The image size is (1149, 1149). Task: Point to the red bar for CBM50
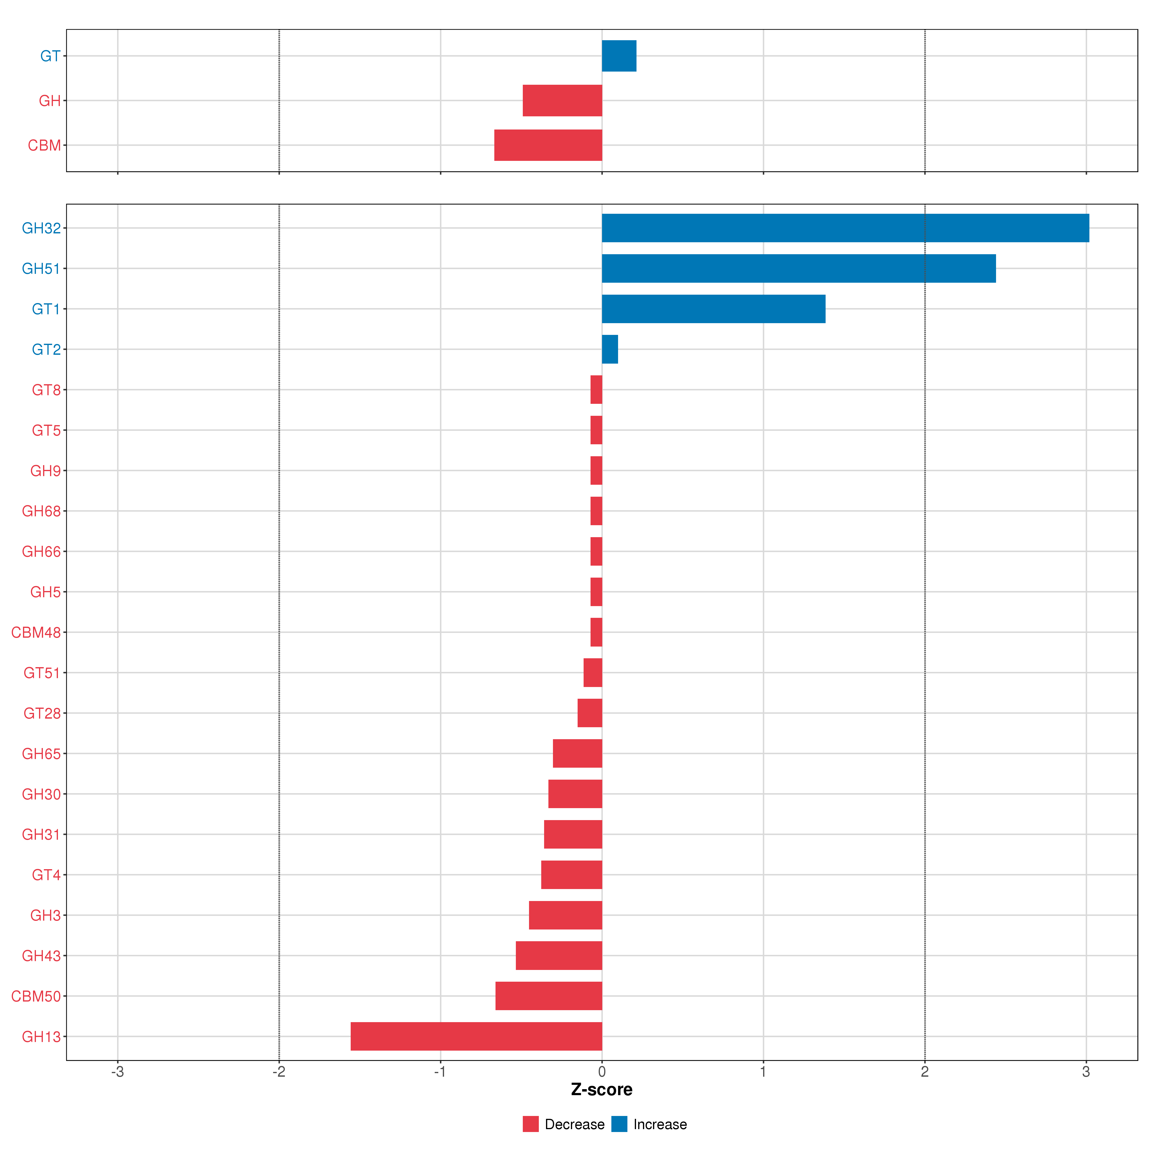(x=548, y=996)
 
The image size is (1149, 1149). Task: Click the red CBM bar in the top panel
(x=548, y=145)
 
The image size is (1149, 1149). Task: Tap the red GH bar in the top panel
(x=562, y=101)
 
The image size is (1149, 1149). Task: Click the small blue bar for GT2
(x=610, y=349)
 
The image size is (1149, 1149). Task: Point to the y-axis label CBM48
(x=36, y=632)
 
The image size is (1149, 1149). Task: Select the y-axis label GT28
(x=42, y=713)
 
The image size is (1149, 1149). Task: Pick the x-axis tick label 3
(x=1086, y=1072)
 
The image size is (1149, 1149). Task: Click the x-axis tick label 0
(x=602, y=1072)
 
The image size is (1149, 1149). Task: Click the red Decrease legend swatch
(x=530, y=1124)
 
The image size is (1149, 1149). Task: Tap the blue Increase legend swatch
(x=619, y=1124)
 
